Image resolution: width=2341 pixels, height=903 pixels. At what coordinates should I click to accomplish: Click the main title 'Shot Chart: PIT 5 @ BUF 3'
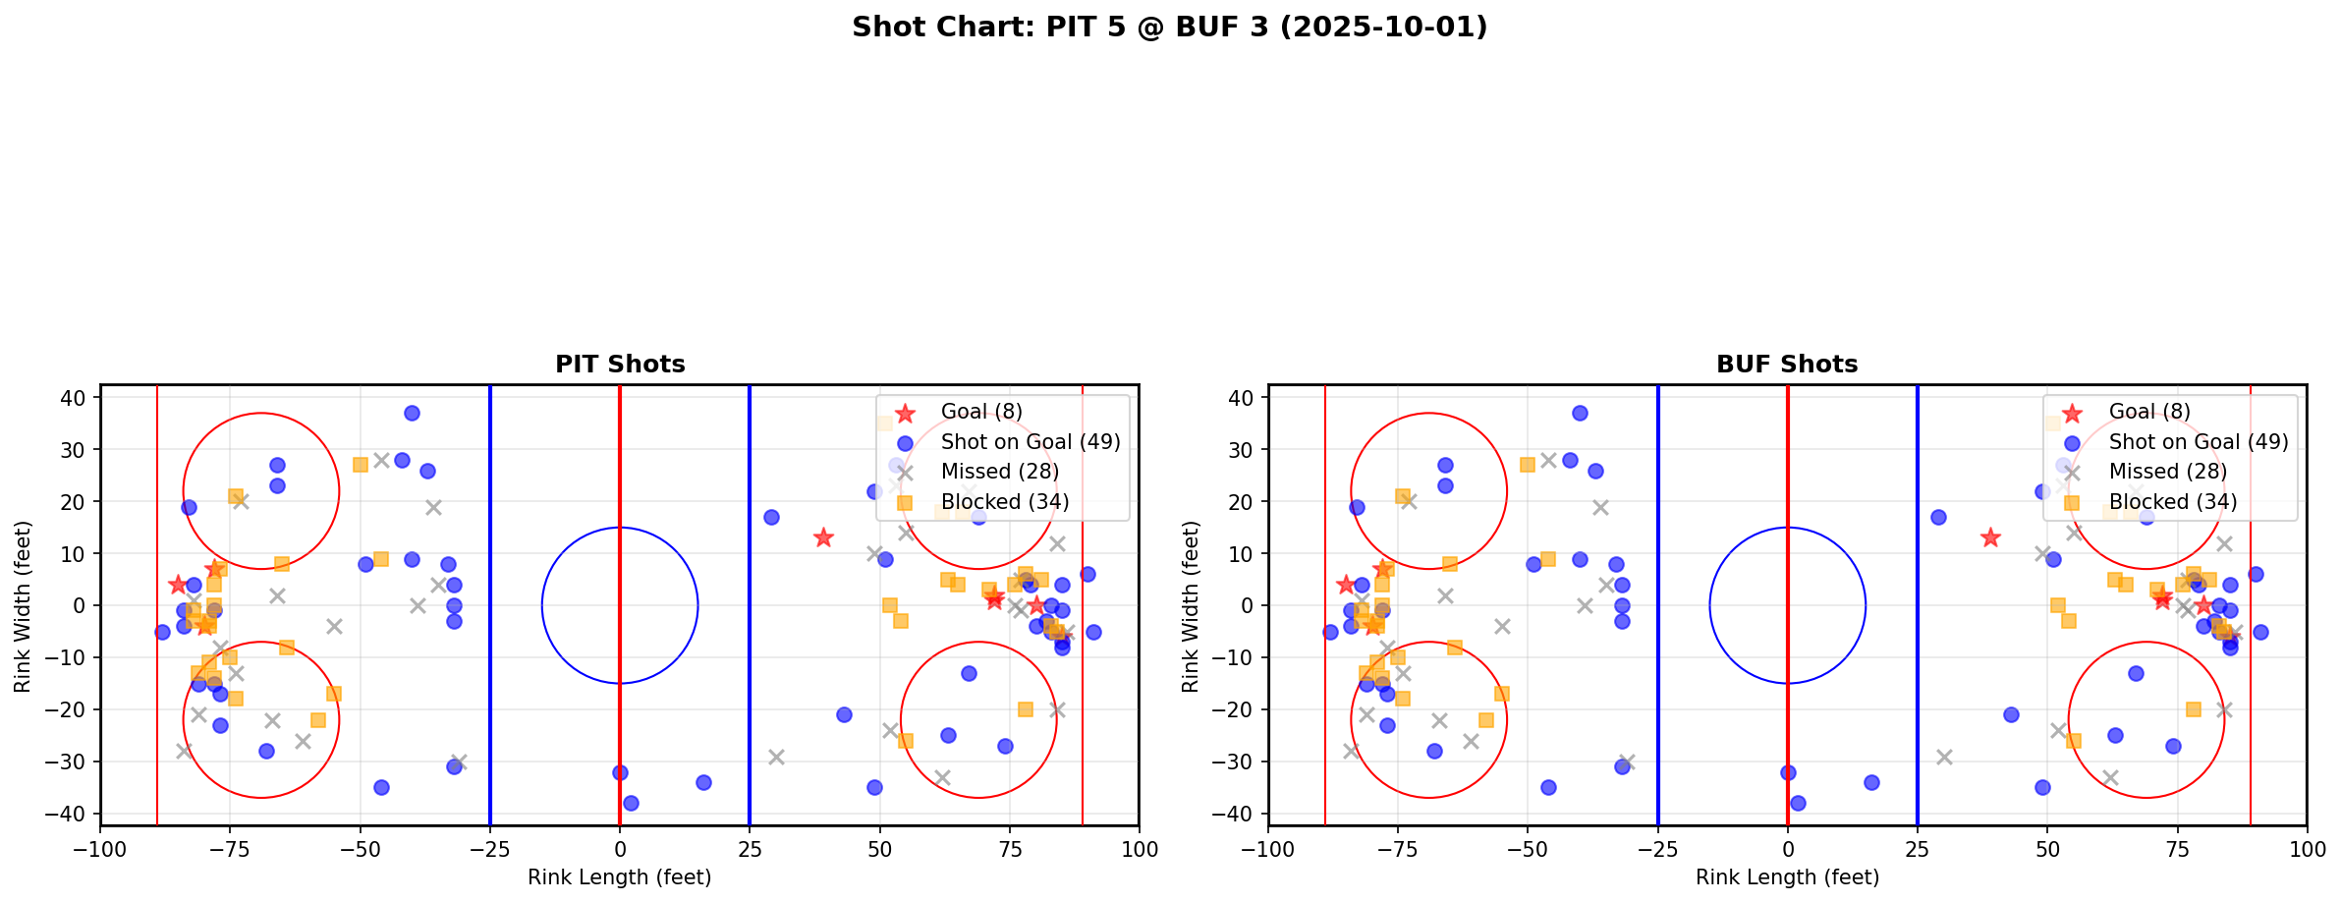(x=1169, y=28)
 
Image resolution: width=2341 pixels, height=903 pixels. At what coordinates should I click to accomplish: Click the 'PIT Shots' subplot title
(x=620, y=365)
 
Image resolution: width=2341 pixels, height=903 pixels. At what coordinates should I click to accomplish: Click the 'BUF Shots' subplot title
(x=1787, y=365)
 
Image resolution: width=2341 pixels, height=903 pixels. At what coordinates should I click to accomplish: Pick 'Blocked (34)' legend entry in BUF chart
(x=2173, y=502)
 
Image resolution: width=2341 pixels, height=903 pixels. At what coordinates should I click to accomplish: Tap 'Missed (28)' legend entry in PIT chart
(x=999, y=472)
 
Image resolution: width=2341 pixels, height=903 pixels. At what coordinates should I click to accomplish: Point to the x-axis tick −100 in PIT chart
(x=101, y=848)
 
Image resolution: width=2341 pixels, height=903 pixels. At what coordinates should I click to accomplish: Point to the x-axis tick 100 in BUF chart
(x=2306, y=848)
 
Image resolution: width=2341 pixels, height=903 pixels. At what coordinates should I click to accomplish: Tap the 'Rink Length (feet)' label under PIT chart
(x=620, y=877)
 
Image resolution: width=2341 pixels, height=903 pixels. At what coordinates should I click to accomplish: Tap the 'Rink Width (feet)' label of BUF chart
(x=1191, y=605)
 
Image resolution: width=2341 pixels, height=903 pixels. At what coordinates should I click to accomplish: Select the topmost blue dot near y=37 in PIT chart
(x=412, y=414)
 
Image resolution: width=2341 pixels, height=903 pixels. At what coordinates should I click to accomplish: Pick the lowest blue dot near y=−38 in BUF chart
(x=1798, y=803)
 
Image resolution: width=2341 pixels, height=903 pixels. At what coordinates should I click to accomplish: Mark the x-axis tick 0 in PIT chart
(x=620, y=848)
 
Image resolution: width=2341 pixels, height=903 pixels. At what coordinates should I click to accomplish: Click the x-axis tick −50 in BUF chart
(x=1528, y=848)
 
